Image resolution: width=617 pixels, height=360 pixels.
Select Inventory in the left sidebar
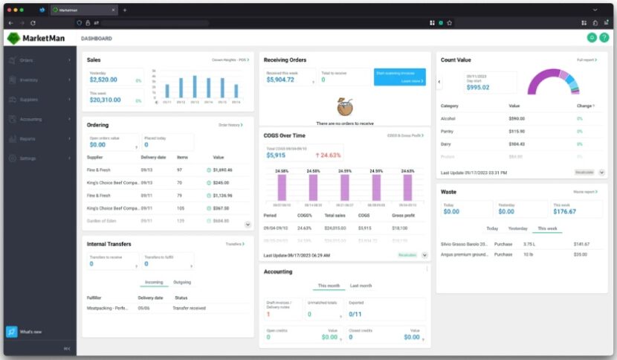(29, 79)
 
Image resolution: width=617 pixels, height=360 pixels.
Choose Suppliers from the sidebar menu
(29, 99)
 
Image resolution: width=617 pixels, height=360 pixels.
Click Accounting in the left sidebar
(30, 119)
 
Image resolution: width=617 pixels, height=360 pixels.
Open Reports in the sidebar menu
(28, 138)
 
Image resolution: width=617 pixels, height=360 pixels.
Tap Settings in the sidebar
(28, 158)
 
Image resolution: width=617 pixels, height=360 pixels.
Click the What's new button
(30, 332)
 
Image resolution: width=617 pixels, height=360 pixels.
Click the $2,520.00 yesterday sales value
(103, 80)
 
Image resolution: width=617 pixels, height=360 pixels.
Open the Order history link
(230, 125)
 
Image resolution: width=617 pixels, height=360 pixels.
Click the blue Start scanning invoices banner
(399, 77)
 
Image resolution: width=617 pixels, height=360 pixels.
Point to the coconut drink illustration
(344, 107)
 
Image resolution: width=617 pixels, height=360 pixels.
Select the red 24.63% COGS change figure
(327, 155)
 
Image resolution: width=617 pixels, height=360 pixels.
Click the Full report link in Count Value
(587, 60)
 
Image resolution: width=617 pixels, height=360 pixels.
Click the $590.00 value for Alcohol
(517, 118)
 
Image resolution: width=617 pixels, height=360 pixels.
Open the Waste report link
(587, 192)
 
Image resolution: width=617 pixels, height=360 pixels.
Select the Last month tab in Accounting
(361, 286)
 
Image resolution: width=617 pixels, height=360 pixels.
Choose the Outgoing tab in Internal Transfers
(181, 283)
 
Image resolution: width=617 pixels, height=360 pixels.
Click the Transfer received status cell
(189, 308)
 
